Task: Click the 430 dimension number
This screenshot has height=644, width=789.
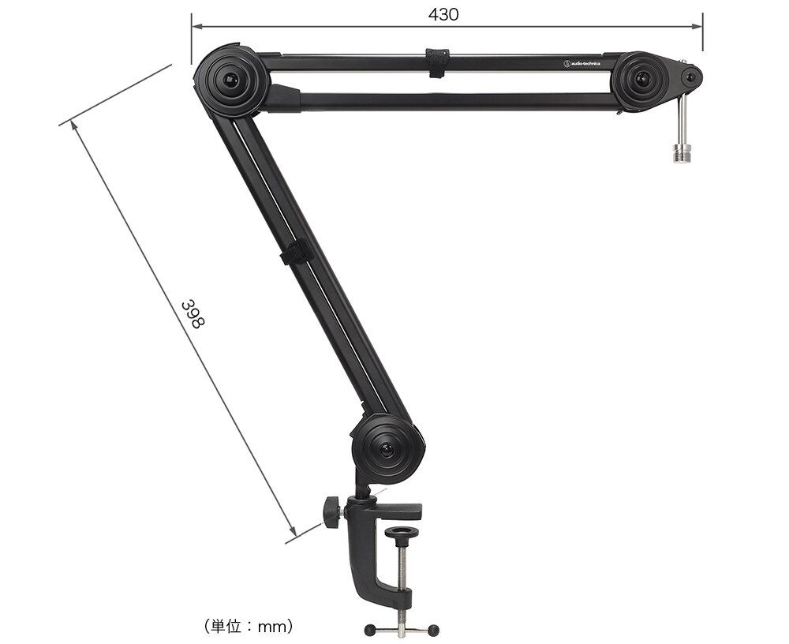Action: tap(443, 15)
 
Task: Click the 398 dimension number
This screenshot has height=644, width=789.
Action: tap(193, 315)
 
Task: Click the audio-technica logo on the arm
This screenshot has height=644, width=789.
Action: tap(581, 63)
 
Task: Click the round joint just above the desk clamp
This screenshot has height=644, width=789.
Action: tap(387, 448)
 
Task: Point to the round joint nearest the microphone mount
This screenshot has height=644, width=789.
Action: tap(641, 80)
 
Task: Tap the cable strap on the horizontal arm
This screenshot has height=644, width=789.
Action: tap(437, 63)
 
